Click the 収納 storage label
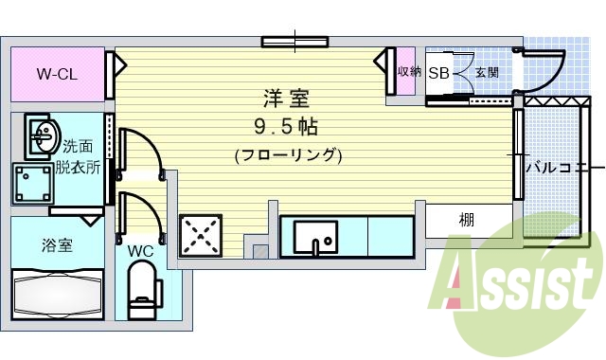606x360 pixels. (408, 72)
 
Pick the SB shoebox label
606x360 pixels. (438, 73)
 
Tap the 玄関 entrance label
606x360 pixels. (487, 72)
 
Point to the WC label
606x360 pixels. (140, 251)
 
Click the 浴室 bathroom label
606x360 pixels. (57, 245)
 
